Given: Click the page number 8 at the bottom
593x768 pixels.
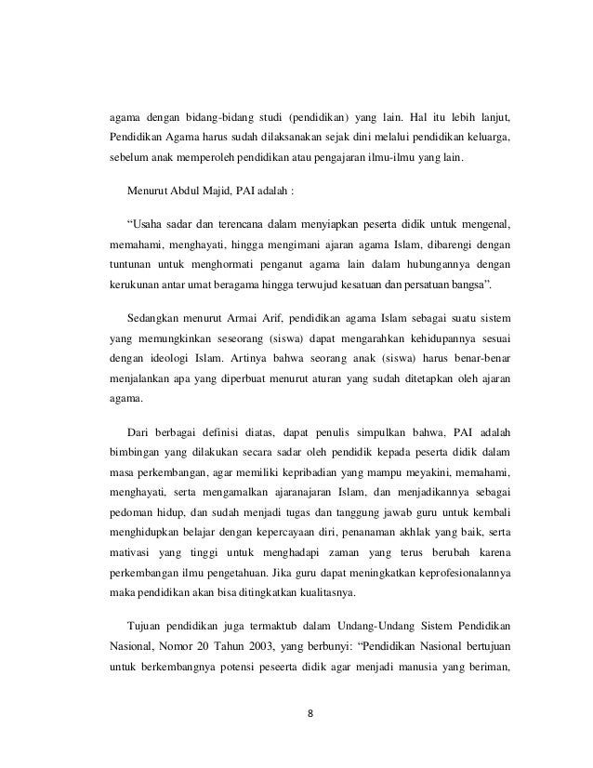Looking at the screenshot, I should (x=310, y=715).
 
